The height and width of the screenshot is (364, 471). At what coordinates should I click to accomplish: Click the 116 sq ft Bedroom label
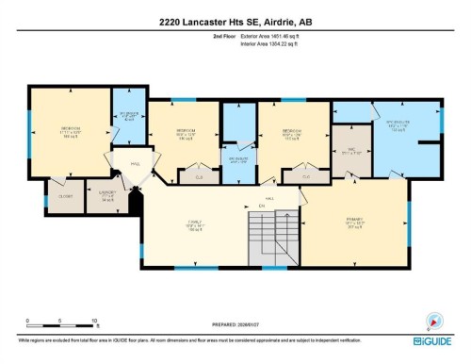click(x=185, y=135)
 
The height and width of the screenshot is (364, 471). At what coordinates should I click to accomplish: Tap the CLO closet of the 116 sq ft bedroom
click(x=199, y=175)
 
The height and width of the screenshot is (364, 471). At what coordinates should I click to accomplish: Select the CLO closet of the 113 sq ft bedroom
click(x=306, y=175)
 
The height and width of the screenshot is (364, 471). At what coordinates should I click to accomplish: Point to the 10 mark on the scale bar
click(x=95, y=322)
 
